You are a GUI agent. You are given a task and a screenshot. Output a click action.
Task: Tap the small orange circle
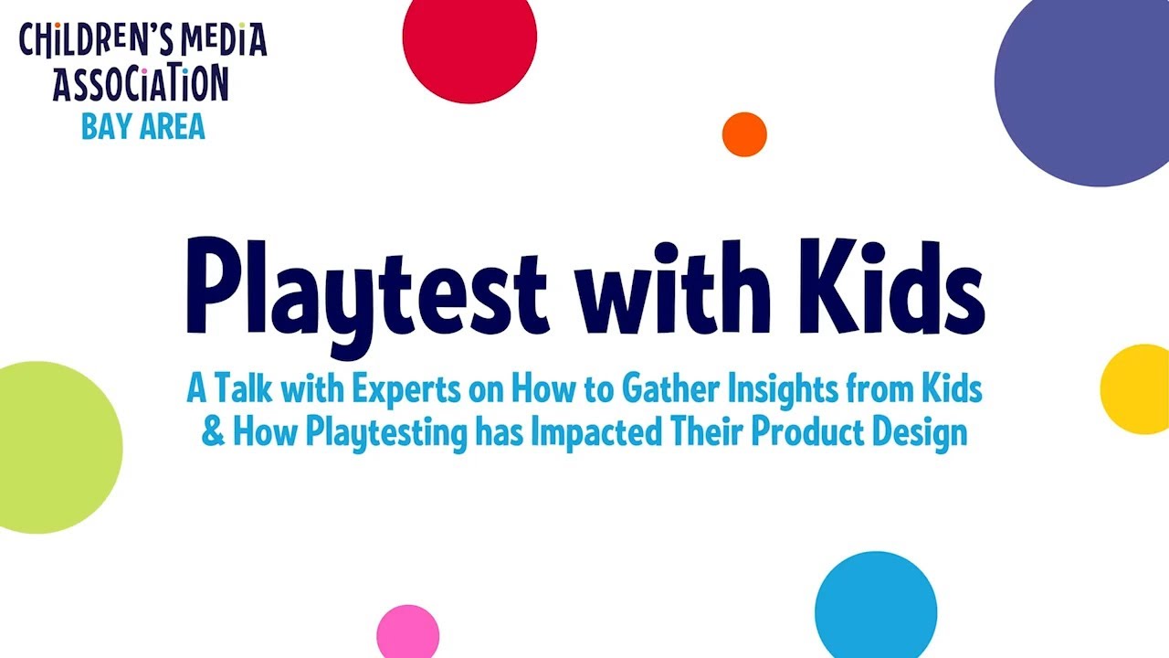coord(744,134)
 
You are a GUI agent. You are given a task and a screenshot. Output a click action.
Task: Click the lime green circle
coord(46,447)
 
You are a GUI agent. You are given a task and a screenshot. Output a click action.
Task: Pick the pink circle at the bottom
coord(408,632)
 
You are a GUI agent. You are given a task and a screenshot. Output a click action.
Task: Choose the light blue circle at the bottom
coord(876,607)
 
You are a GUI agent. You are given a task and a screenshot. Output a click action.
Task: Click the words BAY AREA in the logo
coord(143,127)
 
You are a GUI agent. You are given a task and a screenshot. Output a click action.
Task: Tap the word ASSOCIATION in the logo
coord(141,85)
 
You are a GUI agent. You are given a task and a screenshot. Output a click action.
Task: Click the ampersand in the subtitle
coord(212,431)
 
